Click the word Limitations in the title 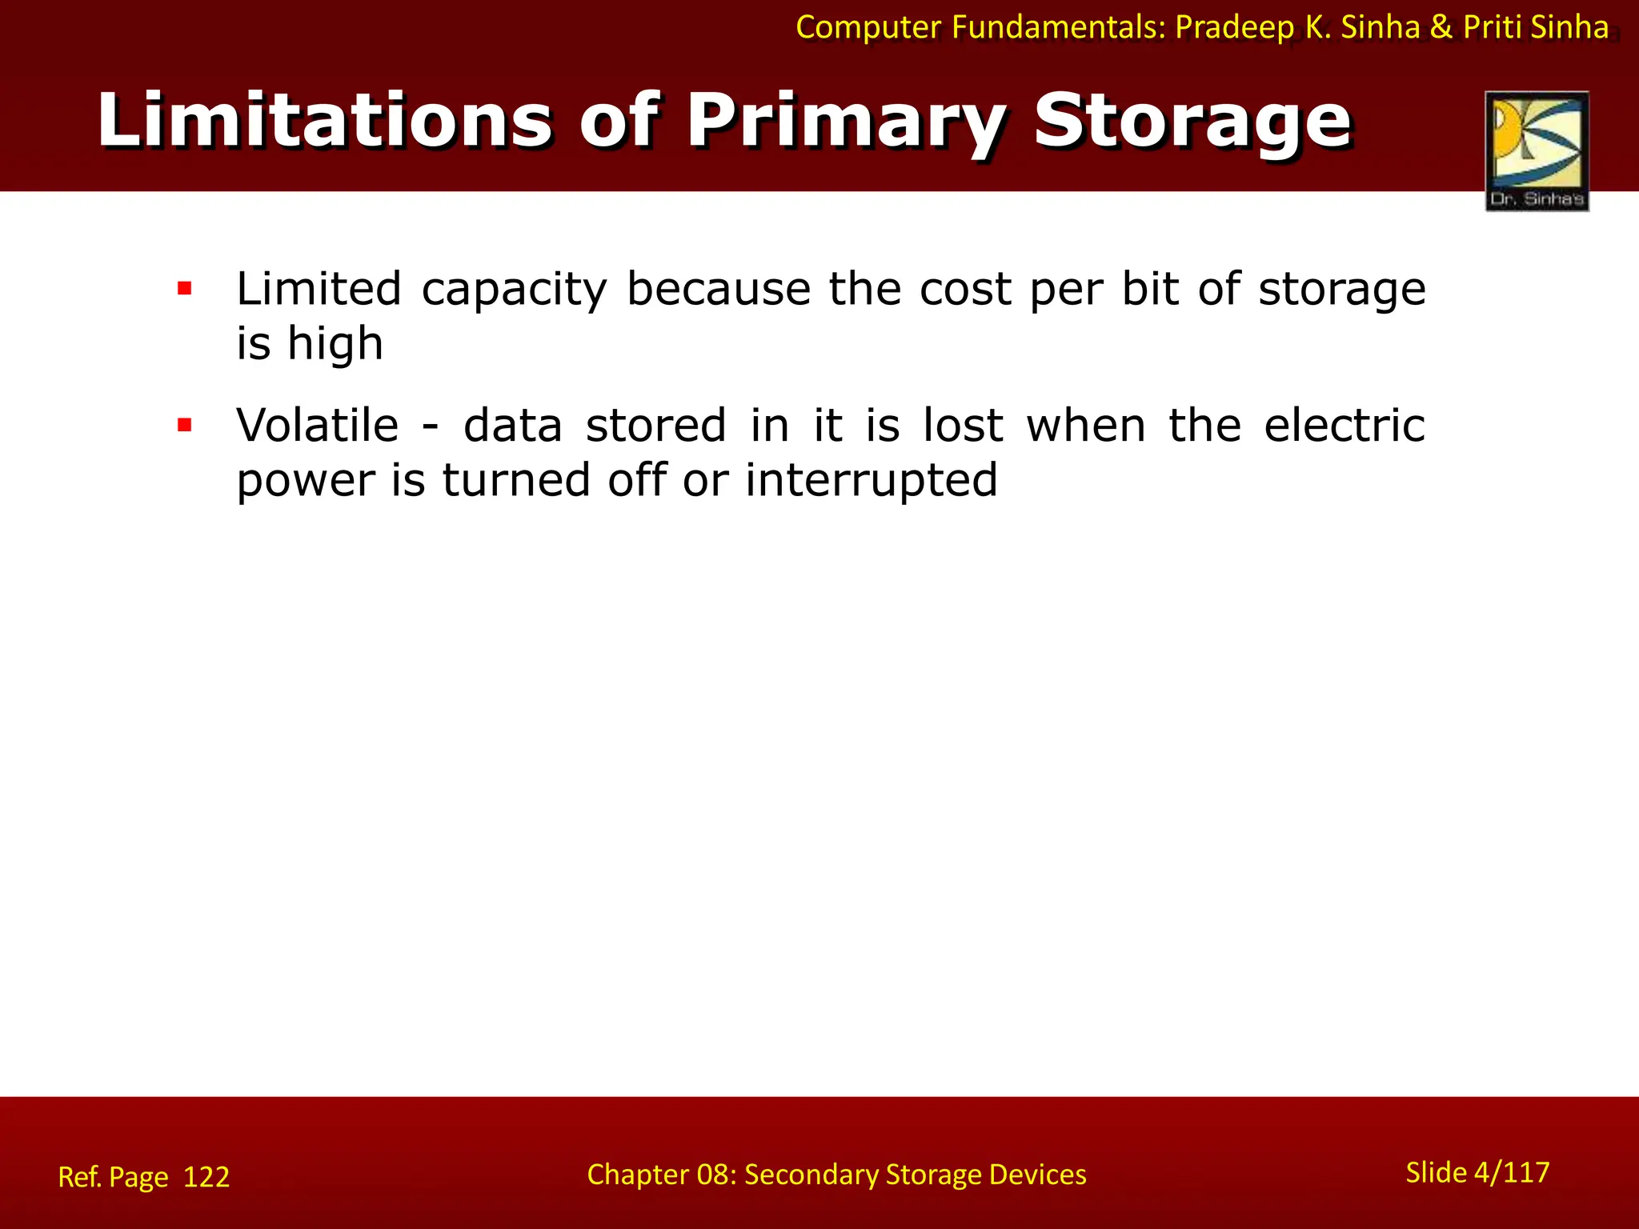[x=324, y=121]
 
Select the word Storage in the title [x=1192, y=121]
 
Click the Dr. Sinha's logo [x=1537, y=151]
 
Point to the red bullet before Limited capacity [x=185, y=289]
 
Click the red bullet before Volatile [x=185, y=425]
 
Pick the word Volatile [x=317, y=425]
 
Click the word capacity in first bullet [x=514, y=290]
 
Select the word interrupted [x=871, y=480]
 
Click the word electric [x=1344, y=425]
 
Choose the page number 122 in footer [x=206, y=1177]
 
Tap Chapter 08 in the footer [x=661, y=1175]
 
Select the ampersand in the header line [x=1441, y=28]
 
